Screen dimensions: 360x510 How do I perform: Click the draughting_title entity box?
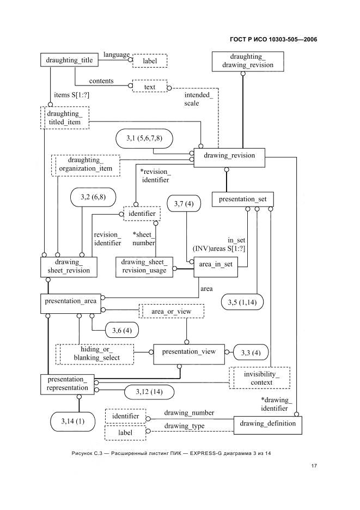[69, 60]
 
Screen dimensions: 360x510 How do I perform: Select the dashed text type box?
[150, 86]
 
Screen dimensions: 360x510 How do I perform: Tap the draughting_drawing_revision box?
[247, 61]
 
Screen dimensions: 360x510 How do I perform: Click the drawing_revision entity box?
[229, 158]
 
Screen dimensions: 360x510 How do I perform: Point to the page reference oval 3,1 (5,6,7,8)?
[144, 138]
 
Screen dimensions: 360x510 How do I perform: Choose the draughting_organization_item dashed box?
[86, 166]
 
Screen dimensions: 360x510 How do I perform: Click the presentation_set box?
[242, 199]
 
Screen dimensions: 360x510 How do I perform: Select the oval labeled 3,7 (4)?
[184, 204]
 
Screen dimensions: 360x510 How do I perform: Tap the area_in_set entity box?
[216, 267]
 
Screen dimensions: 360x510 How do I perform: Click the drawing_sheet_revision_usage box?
[144, 267]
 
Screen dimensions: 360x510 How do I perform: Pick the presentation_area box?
[71, 304]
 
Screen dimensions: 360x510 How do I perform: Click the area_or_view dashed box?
[172, 311]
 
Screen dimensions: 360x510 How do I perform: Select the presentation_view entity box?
[189, 354]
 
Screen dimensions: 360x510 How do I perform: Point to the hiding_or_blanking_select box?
[95, 354]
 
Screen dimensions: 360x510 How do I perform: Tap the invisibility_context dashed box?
[259, 378]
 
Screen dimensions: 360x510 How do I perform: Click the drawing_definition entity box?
[267, 425]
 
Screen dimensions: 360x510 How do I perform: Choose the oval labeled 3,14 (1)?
[73, 422]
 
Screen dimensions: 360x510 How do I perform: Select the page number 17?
[314, 466]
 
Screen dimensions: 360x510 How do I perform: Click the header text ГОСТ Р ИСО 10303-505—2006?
[273, 40]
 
